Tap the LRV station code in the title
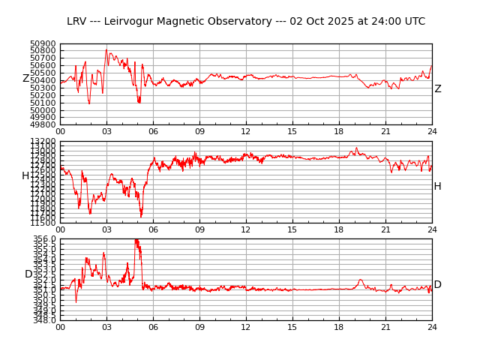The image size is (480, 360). pos(77,22)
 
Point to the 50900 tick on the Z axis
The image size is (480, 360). pos(43,44)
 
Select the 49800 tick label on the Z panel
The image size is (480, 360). pos(43,124)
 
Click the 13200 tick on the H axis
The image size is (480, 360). pos(43,142)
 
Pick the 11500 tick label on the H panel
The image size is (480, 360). pos(43,223)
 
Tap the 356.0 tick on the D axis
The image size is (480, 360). pos(44,239)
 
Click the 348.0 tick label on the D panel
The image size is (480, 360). pos(44,320)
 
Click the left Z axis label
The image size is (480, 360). pos(25,79)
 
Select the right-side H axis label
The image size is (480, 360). pos(437,187)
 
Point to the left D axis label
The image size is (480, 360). pos(28,274)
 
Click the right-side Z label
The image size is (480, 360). pos(438,89)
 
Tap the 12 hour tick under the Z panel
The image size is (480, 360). pos(246,131)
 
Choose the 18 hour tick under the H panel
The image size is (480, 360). pos(339,229)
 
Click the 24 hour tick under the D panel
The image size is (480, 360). pos(432,327)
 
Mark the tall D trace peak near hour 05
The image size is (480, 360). pos(136,240)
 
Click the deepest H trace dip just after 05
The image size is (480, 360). pos(141,217)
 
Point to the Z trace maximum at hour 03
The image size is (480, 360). pos(106,50)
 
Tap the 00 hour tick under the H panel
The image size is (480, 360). pos(60,229)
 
